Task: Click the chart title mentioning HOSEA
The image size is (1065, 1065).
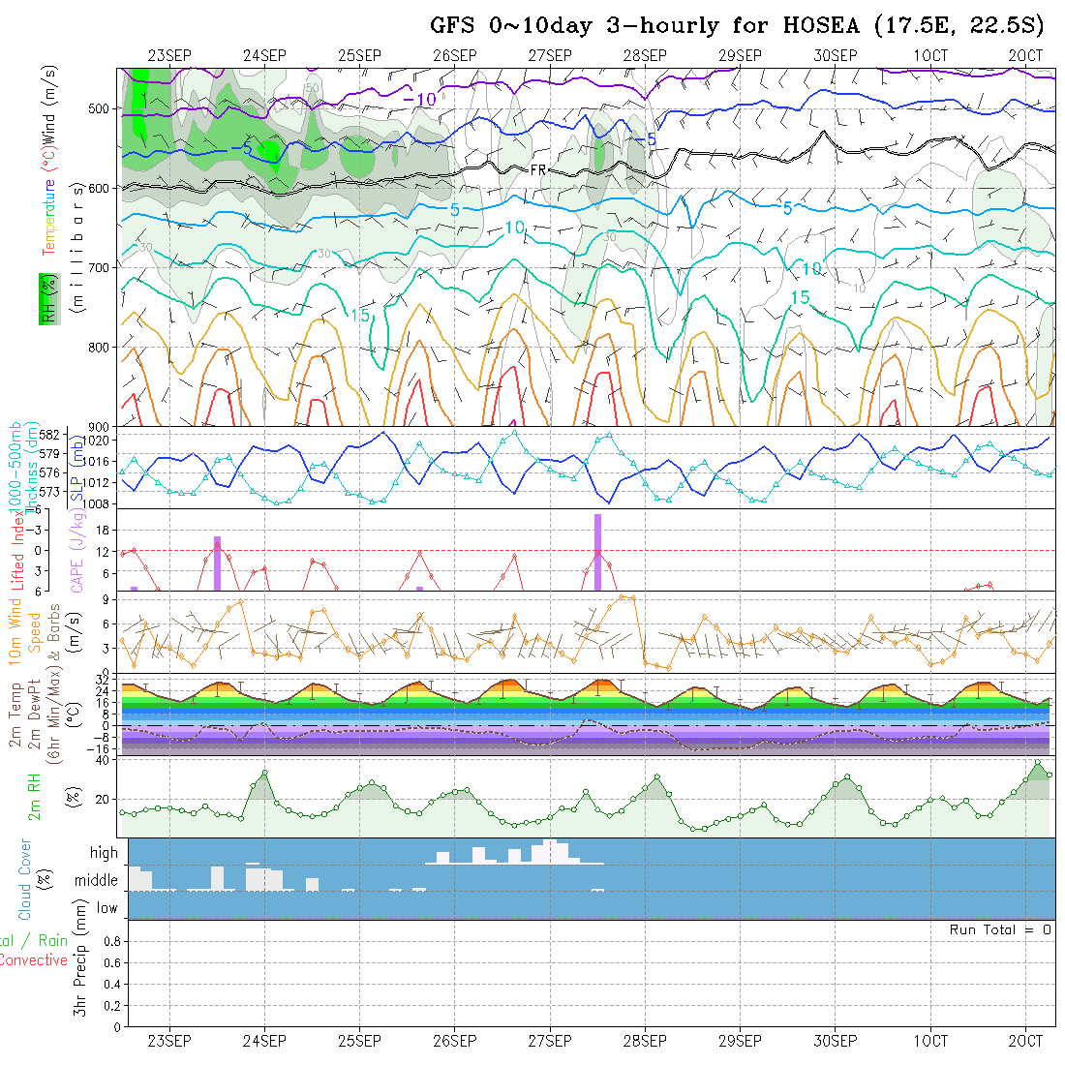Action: point(737,26)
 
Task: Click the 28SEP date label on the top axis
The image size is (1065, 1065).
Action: point(645,55)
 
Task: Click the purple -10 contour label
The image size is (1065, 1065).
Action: point(420,98)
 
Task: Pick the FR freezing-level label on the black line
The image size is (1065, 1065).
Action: point(539,170)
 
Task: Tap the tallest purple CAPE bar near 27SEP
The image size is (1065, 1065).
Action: point(597,552)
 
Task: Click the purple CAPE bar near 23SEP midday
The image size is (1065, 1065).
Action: point(217,563)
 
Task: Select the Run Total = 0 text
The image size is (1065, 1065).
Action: point(1000,929)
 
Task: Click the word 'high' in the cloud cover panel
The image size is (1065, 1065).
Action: point(104,853)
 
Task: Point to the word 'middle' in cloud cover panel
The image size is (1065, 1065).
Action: point(97,881)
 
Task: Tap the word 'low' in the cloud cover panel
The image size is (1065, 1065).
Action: point(106,908)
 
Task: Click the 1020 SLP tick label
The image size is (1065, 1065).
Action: point(105,441)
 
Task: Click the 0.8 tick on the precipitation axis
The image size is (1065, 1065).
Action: point(110,941)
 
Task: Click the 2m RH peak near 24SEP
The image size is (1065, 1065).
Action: point(264,773)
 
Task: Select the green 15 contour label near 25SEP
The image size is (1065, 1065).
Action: point(360,317)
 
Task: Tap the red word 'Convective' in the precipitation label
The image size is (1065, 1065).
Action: point(33,960)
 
